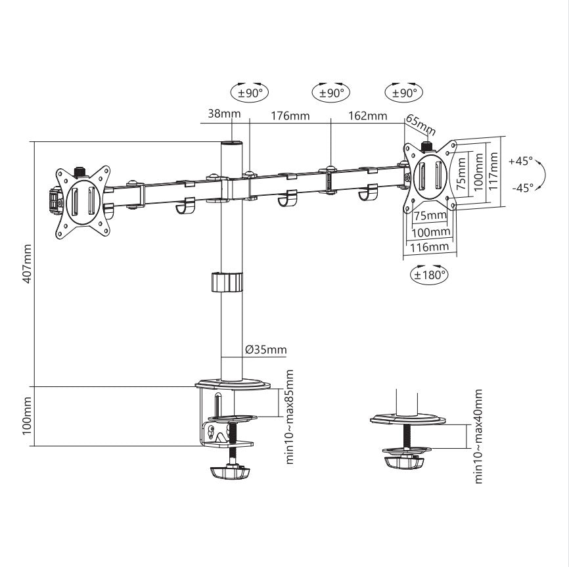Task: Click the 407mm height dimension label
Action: click(x=26, y=263)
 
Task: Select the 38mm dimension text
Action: click(x=224, y=114)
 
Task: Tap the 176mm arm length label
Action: click(x=290, y=116)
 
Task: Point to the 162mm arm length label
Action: click(x=367, y=116)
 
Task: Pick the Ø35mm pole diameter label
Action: click(x=266, y=350)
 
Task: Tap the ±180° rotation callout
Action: click(x=429, y=275)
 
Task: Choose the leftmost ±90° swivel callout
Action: click(x=250, y=93)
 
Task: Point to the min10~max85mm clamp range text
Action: click(x=290, y=417)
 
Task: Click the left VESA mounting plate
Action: click(x=82, y=200)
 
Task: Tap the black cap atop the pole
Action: click(x=231, y=143)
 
